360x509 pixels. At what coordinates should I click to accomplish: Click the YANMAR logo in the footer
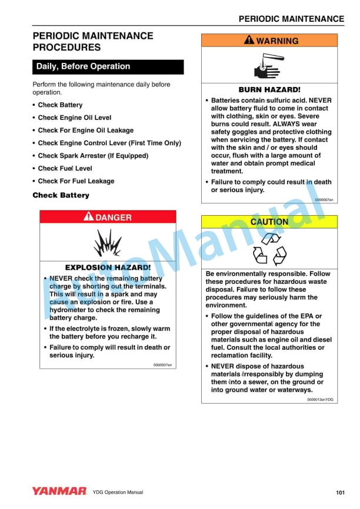coord(59,491)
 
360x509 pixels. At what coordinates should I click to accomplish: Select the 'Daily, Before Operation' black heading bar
coord(108,66)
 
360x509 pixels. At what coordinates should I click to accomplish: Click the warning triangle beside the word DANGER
coord(89,217)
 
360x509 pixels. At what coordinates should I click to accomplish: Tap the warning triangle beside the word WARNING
coord(249,41)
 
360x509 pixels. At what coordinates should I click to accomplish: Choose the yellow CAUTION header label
coord(269,222)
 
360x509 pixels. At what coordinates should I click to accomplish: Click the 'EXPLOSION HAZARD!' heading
coord(108,267)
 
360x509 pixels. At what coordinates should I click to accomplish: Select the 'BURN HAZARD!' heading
coord(269,90)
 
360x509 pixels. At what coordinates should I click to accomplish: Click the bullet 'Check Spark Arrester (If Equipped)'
coord(93,156)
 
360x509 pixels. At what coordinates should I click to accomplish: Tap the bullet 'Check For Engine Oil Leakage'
coord(86,130)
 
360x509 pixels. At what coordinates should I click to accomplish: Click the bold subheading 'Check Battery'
coord(61,195)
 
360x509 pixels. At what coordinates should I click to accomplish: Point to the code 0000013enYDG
coord(320,399)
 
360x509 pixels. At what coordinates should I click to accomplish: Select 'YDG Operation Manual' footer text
coord(118,492)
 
